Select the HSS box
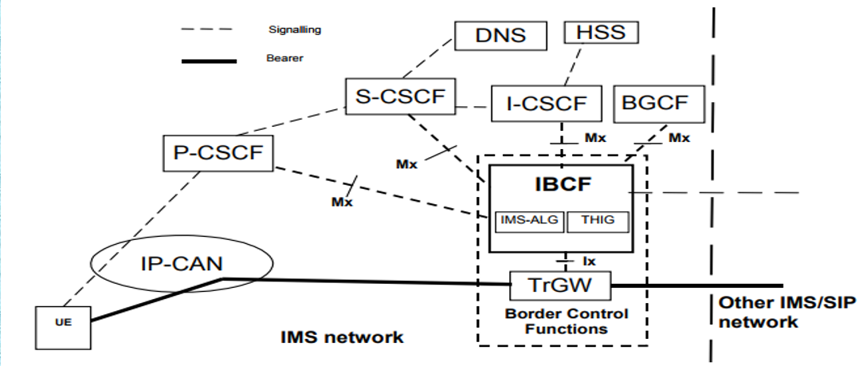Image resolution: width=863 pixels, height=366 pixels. pos(602,33)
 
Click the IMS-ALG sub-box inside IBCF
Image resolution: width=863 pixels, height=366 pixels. pos(529,220)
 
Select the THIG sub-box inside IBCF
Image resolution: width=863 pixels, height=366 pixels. pos(598,220)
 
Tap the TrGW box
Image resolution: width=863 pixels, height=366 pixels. pos(560,283)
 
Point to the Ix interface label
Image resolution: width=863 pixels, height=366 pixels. pos(589,260)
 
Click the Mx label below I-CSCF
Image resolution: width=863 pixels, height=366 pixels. pos(594,138)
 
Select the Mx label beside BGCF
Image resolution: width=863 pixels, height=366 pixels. pos(678,138)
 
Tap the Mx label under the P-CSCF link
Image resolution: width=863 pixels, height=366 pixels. pos(342,202)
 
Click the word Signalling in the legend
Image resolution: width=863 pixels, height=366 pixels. pos(295,30)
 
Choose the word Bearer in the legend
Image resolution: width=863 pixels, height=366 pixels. pos(284,58)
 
